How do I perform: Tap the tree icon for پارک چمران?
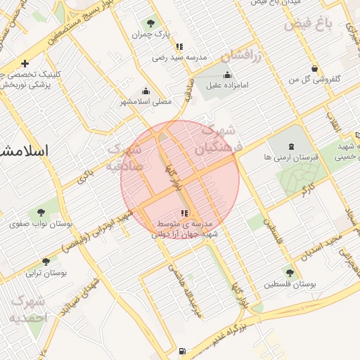tap(152, 22)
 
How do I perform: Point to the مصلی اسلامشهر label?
tap(146, 101)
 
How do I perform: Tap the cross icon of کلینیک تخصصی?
tap(25, 63)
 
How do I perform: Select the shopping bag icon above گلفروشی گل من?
tap(314, 68)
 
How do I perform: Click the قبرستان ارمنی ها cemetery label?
tap(292, 157)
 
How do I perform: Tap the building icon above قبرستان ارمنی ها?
tap(292, 147)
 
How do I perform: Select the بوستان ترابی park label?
tap(46, 273)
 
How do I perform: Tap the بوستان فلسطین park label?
tap(291, 284)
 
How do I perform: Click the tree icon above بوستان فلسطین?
tap(290, 272)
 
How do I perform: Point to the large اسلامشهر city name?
tap(25, 150)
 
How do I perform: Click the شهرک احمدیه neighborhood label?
tap(28, 309)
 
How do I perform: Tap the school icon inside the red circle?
tap(184, 212)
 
